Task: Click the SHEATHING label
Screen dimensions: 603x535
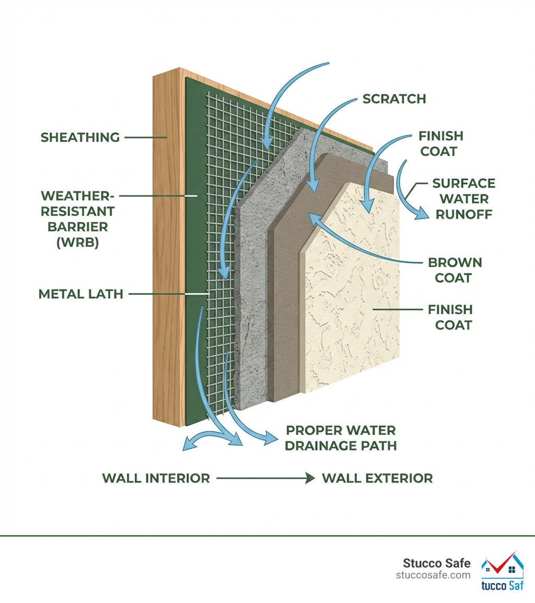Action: [80, 137]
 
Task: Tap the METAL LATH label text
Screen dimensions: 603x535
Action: [81, 294]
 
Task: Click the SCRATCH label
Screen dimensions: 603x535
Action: [394, 99]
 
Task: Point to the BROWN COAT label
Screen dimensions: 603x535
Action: [455, 270]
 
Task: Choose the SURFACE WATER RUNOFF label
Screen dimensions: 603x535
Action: [463, 199]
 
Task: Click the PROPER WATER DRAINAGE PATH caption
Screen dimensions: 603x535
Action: [341, 438]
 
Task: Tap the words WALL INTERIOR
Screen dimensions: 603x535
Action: [156, 478]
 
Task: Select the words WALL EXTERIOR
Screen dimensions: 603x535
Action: [377, 478]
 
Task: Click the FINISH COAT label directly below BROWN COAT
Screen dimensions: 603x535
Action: [450, 317]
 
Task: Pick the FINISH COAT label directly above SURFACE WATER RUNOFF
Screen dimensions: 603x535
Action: [440, 144]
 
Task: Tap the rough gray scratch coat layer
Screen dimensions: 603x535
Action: [251, 293]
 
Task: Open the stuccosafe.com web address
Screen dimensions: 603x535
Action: [433, 575]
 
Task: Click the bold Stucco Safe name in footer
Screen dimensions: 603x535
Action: [436, 563]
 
